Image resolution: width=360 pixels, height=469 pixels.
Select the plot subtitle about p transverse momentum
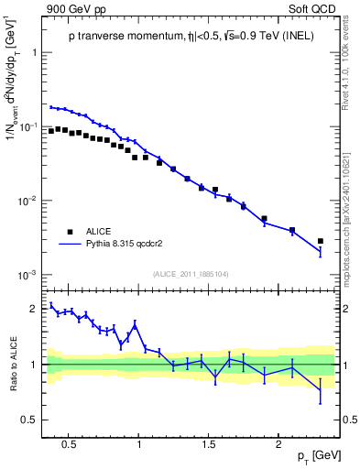tap(191, 36)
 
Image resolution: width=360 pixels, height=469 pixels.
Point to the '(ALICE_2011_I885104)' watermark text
tap(191, 273)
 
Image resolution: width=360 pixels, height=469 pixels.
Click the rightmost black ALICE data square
tap(320, 241)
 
